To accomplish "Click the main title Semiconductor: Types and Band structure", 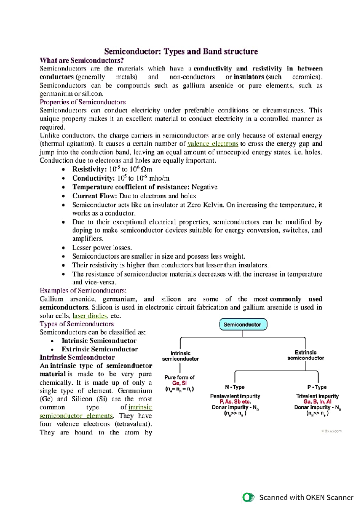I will click(181, 52).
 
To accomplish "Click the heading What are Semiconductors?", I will click(82, 60).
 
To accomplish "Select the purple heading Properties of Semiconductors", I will click(83, 102).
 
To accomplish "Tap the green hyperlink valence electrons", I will click(213, 144).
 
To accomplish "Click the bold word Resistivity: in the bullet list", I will click(89, 169).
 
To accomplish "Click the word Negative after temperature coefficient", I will click(204, 187).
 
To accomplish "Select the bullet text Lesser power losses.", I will click(102, 248).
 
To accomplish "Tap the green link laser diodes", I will click(90, 316).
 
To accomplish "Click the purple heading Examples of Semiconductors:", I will click(83, 290).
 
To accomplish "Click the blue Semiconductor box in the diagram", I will click(243, 325).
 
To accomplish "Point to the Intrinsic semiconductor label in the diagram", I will click(180, 356).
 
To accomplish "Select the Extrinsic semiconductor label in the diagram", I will click(305, 355).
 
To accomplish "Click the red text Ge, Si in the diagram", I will click(179, 383).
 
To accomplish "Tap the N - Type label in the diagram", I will click(235, 387).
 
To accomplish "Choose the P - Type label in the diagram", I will click(317, 387).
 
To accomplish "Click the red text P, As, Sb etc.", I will click(235, 402).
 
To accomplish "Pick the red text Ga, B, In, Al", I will click(317, 402).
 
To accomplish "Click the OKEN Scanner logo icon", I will click(248, 497).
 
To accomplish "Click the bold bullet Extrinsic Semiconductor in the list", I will click(100, 349).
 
